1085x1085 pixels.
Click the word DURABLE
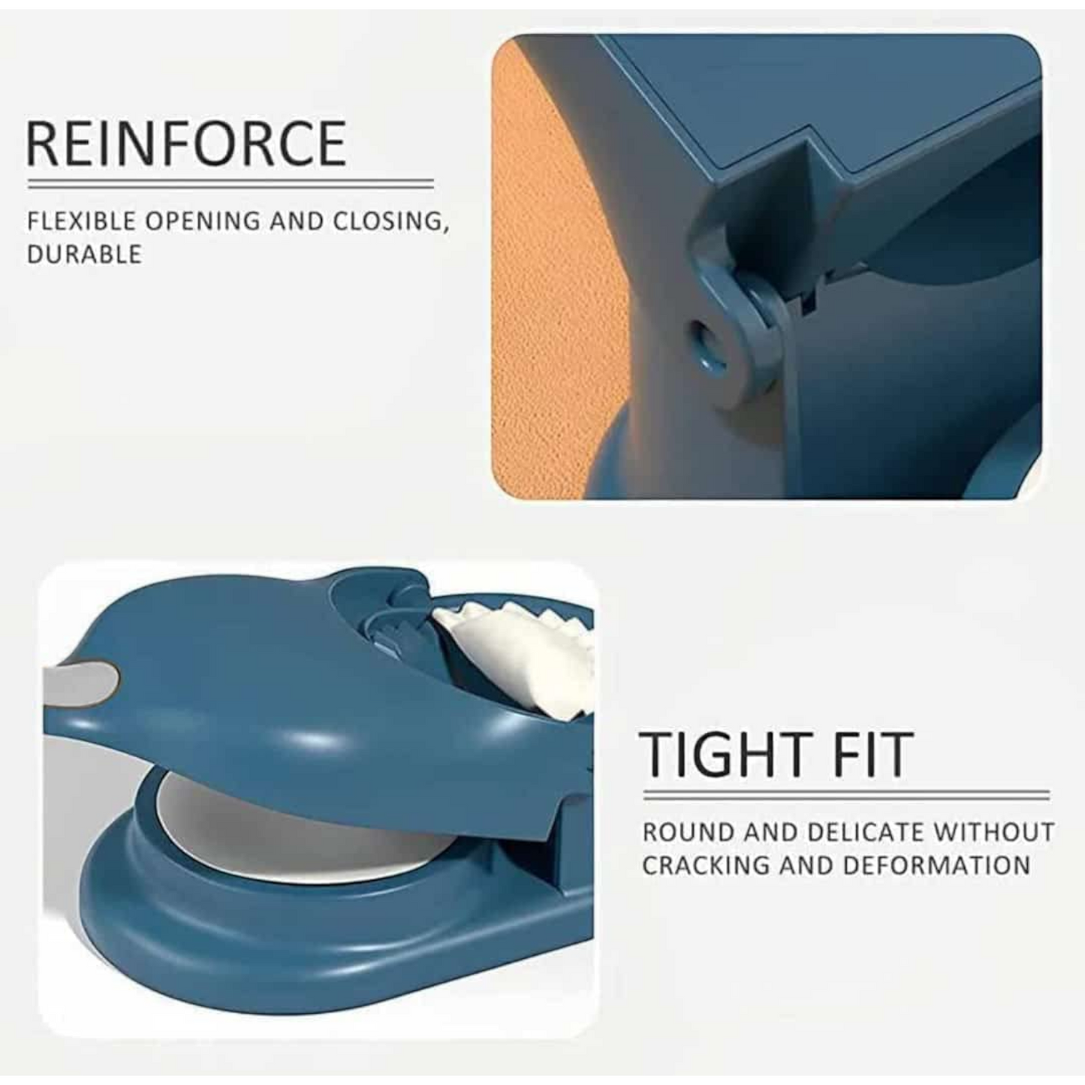[84, 255]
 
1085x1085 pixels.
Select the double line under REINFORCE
[231, 183]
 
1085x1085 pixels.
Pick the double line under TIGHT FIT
[846, 794]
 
